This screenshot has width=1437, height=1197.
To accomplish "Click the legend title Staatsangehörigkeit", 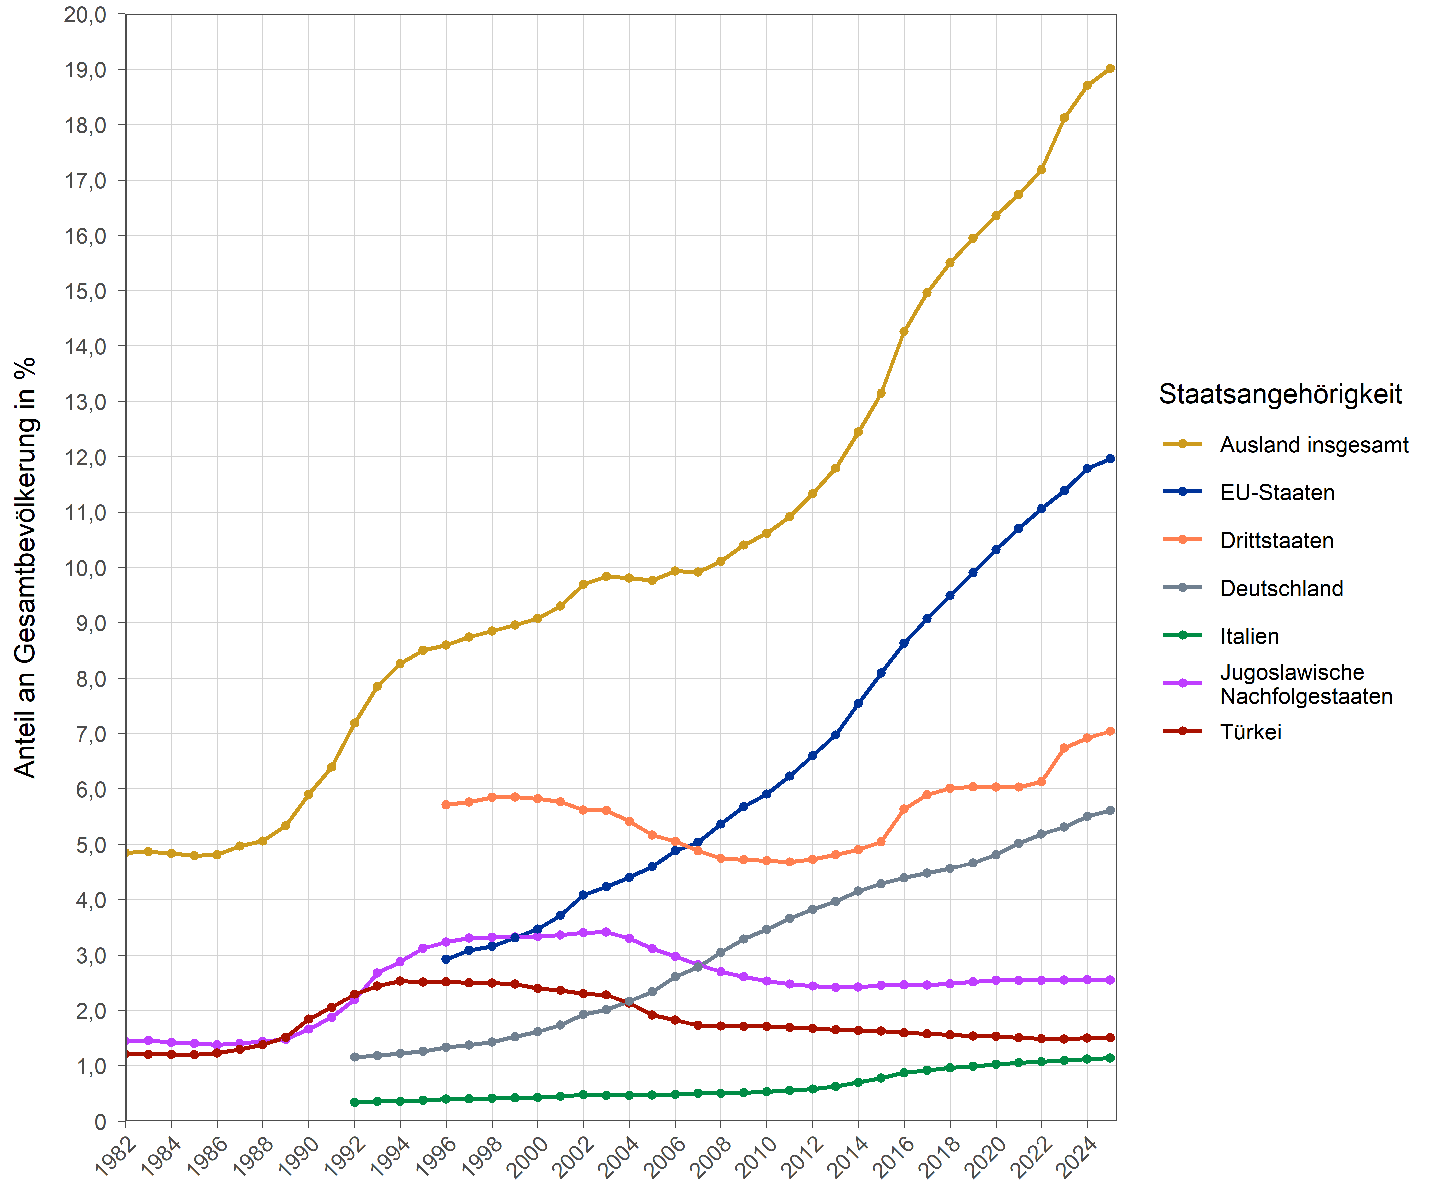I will (1280, 395).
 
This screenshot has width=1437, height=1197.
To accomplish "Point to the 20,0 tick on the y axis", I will (85, 14).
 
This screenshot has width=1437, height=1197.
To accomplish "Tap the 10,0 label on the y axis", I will (85, 568).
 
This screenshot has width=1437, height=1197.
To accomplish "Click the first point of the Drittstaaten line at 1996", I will (446, 805).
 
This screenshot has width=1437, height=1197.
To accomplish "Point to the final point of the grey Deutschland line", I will (1110, 811).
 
